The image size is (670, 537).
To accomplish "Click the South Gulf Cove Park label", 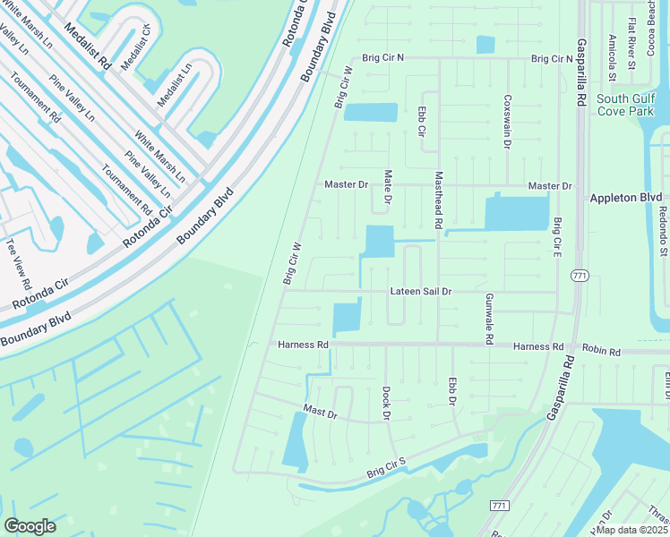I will click(625, 106).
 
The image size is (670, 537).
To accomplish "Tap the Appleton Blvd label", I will click(625, 197).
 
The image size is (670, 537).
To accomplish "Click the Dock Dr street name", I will click(387, 404).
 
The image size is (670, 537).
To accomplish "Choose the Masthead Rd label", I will click(439, 200).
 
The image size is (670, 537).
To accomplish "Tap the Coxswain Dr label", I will click(507, 122).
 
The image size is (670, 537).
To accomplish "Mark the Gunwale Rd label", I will click(490, 320).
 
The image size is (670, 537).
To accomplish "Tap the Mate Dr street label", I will click(388, 187).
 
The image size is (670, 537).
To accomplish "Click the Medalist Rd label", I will click(104, 51).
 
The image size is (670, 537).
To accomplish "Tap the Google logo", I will click(30, 526).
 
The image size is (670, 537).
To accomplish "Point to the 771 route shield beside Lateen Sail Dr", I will click(580, 277).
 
